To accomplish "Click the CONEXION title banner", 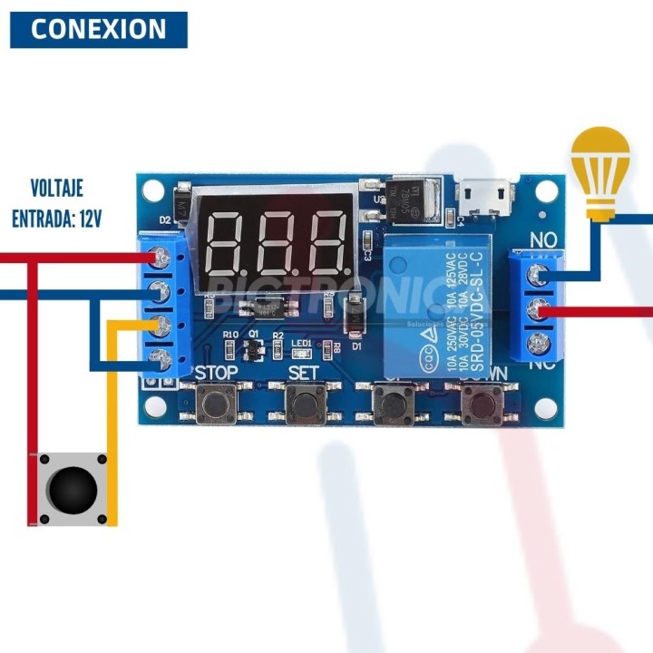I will [x=98, y=29].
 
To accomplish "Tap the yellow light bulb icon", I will [x=599, y=172].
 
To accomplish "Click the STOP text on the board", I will [x=216, y=373].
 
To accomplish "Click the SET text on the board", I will [x=304, y=373].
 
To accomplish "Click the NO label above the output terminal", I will [x=543, y=240].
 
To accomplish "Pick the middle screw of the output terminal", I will [x=543, y=309].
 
